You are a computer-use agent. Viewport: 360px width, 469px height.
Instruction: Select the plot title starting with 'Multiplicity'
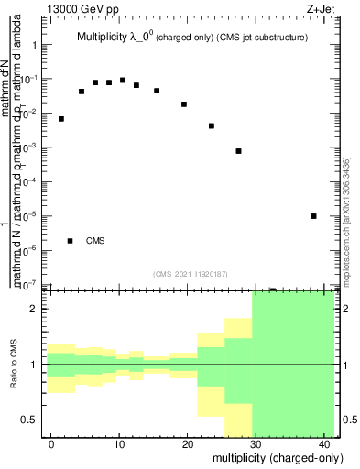pos(191,38)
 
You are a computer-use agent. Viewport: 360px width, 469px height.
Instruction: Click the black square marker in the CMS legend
pos(71,241)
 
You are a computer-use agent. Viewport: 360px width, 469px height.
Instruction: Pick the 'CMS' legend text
pos(95,241)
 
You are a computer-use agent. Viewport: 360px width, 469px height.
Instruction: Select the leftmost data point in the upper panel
pos(61,119)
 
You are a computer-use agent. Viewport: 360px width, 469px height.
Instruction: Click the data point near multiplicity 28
pos(238,151)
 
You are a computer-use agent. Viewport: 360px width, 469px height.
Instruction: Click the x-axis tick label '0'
pos(51,443)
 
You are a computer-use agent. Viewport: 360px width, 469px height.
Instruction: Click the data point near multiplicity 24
pos(212,126)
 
